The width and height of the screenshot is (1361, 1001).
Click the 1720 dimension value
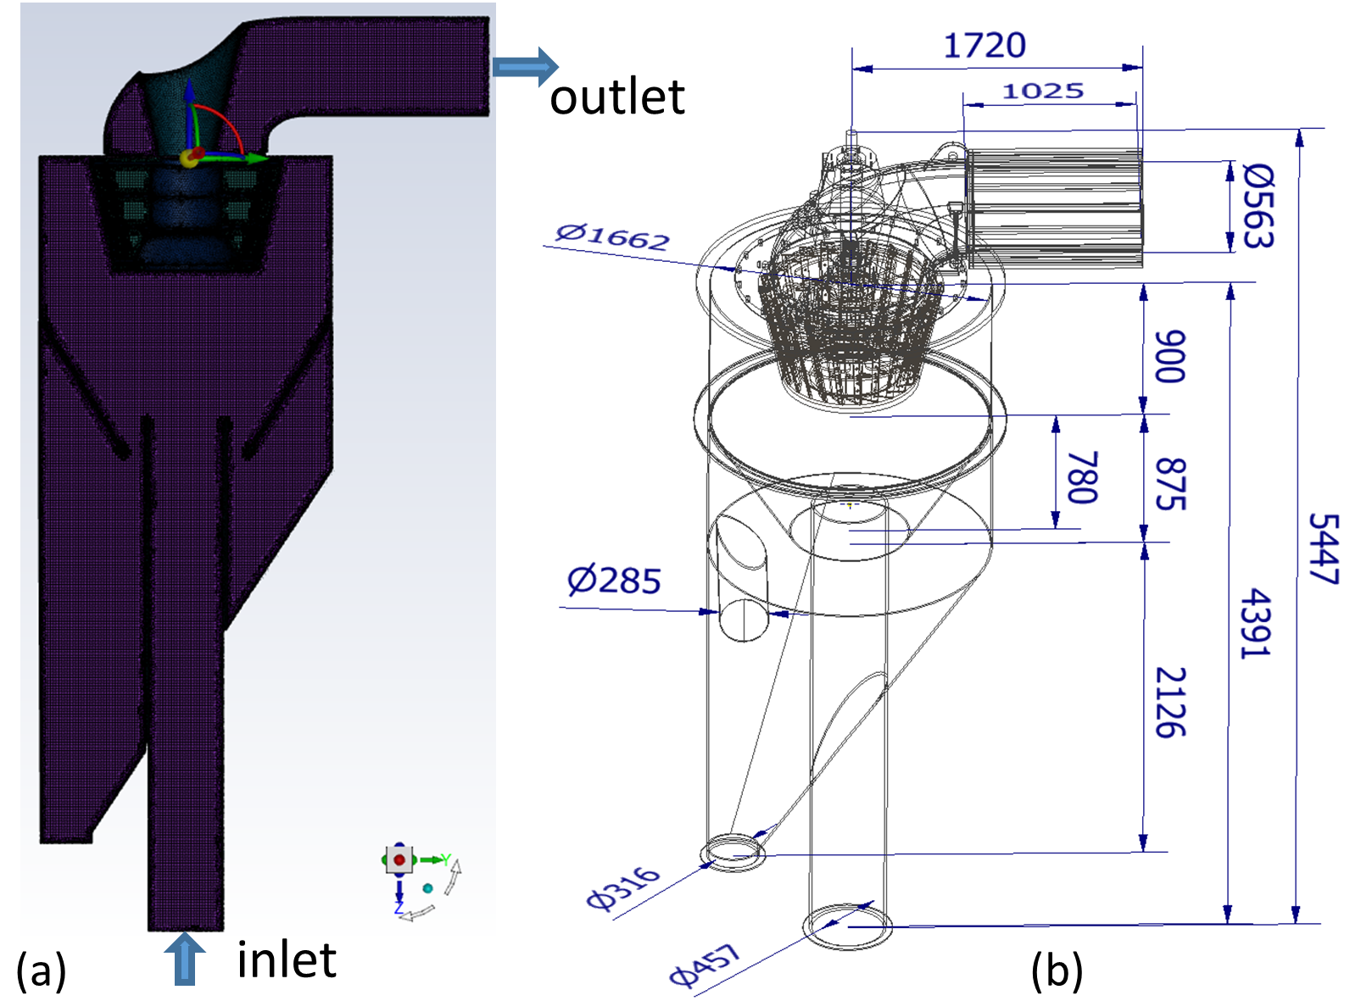[984, 45]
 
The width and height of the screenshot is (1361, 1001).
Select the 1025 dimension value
[1043, 91]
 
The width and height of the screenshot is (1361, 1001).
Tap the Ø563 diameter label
[1257, 206]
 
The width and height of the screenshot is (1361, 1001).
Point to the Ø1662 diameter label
[612, 236]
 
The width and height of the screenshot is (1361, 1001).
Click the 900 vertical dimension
[1170, 357]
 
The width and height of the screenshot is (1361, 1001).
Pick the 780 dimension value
[1082, 477]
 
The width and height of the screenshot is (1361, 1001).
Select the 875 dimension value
[1170, 484]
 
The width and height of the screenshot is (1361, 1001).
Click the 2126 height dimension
[1170, 702]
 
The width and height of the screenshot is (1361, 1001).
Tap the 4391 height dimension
[1255, 624]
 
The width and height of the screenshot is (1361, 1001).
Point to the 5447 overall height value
[1323, 549]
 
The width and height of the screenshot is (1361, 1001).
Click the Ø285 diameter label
[613, 581]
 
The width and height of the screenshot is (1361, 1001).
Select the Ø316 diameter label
[622, 887]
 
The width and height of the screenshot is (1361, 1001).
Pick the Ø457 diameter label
[705, 965]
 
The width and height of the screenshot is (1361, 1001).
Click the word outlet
[616, 97]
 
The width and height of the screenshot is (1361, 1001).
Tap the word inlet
[286, 960]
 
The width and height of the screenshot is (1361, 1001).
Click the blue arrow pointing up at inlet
[184, 958]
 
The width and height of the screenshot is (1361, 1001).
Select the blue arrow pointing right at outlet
[525, 66]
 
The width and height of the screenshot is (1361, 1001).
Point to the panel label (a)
[41, 970]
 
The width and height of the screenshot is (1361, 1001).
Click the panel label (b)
[1057, 970]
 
